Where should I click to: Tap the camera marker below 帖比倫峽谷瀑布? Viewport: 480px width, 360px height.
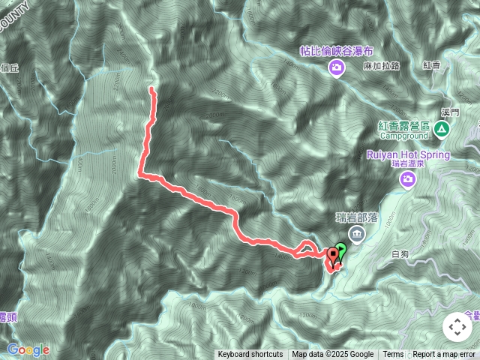335,69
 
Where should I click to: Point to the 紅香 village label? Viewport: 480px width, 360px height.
432,66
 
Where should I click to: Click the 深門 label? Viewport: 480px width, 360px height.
450,112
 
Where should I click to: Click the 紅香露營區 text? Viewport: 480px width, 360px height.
404,125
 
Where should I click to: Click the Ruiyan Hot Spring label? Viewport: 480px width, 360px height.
408,154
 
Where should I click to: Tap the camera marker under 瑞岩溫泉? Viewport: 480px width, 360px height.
407,178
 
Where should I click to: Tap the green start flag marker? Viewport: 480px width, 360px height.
341,250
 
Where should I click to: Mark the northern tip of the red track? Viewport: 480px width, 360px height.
151,89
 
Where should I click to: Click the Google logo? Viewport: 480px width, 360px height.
28,349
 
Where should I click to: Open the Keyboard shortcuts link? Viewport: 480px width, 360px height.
250,355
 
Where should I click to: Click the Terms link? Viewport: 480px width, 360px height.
393,355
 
